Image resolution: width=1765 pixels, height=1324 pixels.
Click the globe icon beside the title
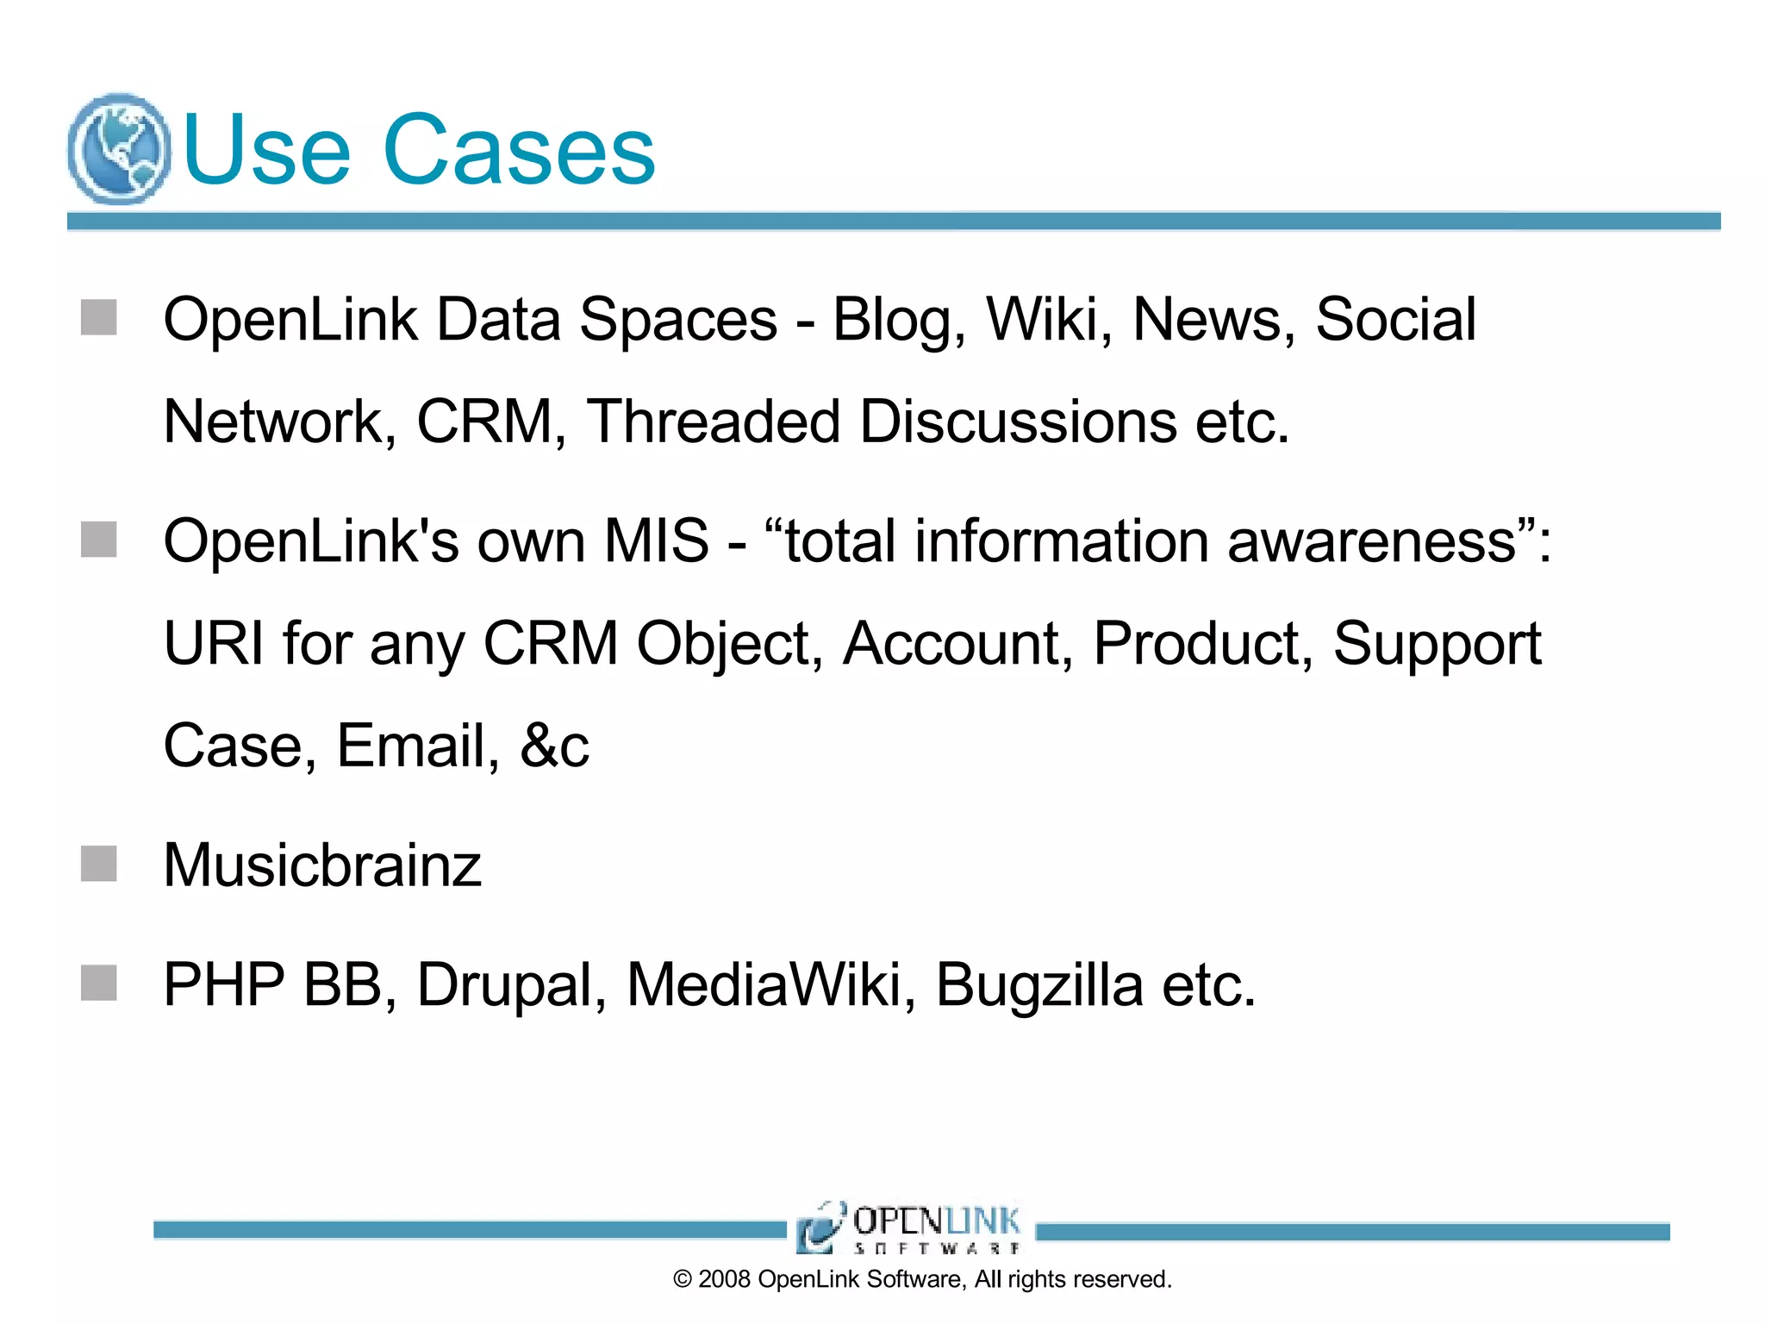pyautogui.click(x=118, y=148)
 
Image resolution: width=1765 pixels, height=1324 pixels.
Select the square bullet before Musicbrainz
pyautogui.click(x=99, y=864)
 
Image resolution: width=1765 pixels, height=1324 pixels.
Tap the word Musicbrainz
pyautogui.click(x=322, y=865)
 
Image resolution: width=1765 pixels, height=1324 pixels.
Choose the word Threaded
pyautogui.click(x=713, y=422)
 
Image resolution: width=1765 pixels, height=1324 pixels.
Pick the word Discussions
pyautogui.click(x=1018, y=422)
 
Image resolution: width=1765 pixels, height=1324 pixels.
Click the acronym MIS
pyautogui.click(x=656, y=541)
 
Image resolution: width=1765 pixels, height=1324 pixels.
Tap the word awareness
pyautogui.click(x=1371, y=541)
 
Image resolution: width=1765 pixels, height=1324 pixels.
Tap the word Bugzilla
pyautogui.click(x=1039, y=985)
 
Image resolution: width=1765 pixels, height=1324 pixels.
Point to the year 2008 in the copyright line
pyautogui.click(x=724, y=1279)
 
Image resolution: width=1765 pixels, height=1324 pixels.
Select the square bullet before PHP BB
pyautogui.click(x=99, y=984)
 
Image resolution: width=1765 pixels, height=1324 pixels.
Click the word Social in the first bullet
pyautogui.click(x=1395, y=320)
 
